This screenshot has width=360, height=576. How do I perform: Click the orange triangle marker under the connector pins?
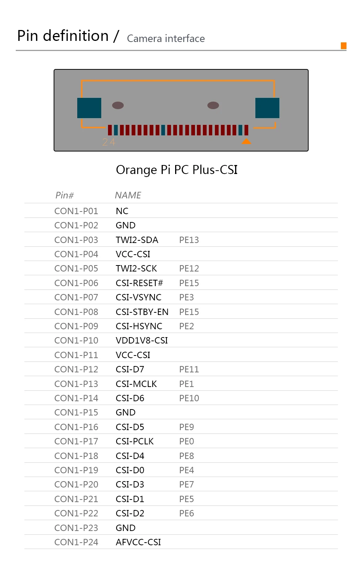[x=246, y=141]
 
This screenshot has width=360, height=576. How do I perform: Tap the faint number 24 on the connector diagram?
[x=109, y=142]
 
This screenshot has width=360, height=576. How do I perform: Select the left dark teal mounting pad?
[x=89, y=108]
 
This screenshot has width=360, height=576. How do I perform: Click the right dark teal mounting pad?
[x=267, y=108]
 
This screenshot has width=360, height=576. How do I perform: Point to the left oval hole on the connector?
[x=118, y=105]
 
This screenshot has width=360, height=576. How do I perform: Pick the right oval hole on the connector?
[x=213, y=105]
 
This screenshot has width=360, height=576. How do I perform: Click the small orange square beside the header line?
[x=343, y=46]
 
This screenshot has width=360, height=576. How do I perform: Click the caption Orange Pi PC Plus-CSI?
[x=177, y=170]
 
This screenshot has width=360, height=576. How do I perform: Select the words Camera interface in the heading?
[x=166, y=39]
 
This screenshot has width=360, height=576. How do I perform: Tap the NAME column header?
[x=128, y=195]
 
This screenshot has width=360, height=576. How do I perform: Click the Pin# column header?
[x=64, y=195]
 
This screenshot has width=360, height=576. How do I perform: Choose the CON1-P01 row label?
[x=76, y=211]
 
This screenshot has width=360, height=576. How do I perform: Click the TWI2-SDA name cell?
[x=137, y=240]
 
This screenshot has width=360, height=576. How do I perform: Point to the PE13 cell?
[x=189, y=240]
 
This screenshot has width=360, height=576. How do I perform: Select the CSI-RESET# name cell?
[x=139, y=283]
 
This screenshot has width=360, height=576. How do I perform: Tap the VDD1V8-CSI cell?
[x=142, y=340]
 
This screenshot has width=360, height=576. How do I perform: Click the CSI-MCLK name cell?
[x=136, y=384]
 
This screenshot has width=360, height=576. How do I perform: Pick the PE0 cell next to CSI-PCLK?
[x=186, y=441]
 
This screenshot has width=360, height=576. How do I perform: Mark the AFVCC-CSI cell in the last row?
[x=138, y=542]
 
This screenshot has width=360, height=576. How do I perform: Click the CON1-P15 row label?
[x=76, y=412]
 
